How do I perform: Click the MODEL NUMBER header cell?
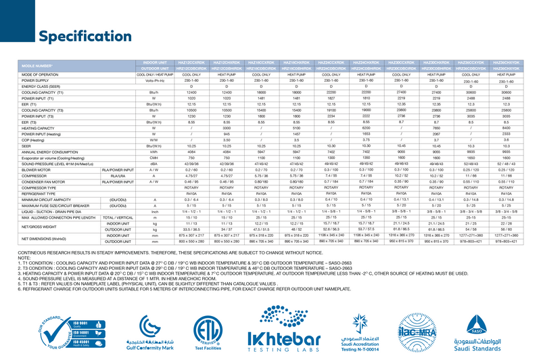(x=37, y=66)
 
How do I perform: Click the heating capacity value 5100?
(x=296, y=127)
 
